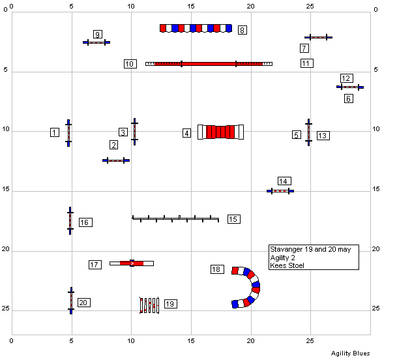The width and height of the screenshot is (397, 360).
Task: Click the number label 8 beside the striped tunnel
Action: [243, 30]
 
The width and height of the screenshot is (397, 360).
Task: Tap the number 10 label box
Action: [130, 64]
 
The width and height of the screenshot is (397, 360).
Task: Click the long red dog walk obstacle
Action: [209, 64]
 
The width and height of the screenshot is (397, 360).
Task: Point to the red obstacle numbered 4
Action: [220, 132]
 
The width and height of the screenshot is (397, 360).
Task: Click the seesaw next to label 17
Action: [132, 263]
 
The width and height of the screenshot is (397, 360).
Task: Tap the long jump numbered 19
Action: [149, 305]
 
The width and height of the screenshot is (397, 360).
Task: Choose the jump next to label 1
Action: [68, 133]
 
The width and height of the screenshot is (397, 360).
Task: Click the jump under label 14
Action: [280, 191]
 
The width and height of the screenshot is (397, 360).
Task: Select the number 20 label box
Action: [84, 303]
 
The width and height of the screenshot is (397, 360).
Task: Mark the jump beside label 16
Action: [70, 220]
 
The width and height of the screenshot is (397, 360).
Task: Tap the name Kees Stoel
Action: [287, 265]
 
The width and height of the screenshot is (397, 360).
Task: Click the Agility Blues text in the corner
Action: [351, 353]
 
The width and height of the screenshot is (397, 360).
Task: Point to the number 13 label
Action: [323, 136]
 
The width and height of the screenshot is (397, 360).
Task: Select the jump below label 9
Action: [96, 42]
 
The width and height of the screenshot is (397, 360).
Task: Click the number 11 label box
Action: [307, 63]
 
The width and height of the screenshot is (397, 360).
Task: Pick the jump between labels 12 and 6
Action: [350, 87]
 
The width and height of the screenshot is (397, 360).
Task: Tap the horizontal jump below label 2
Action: [116, 160]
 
